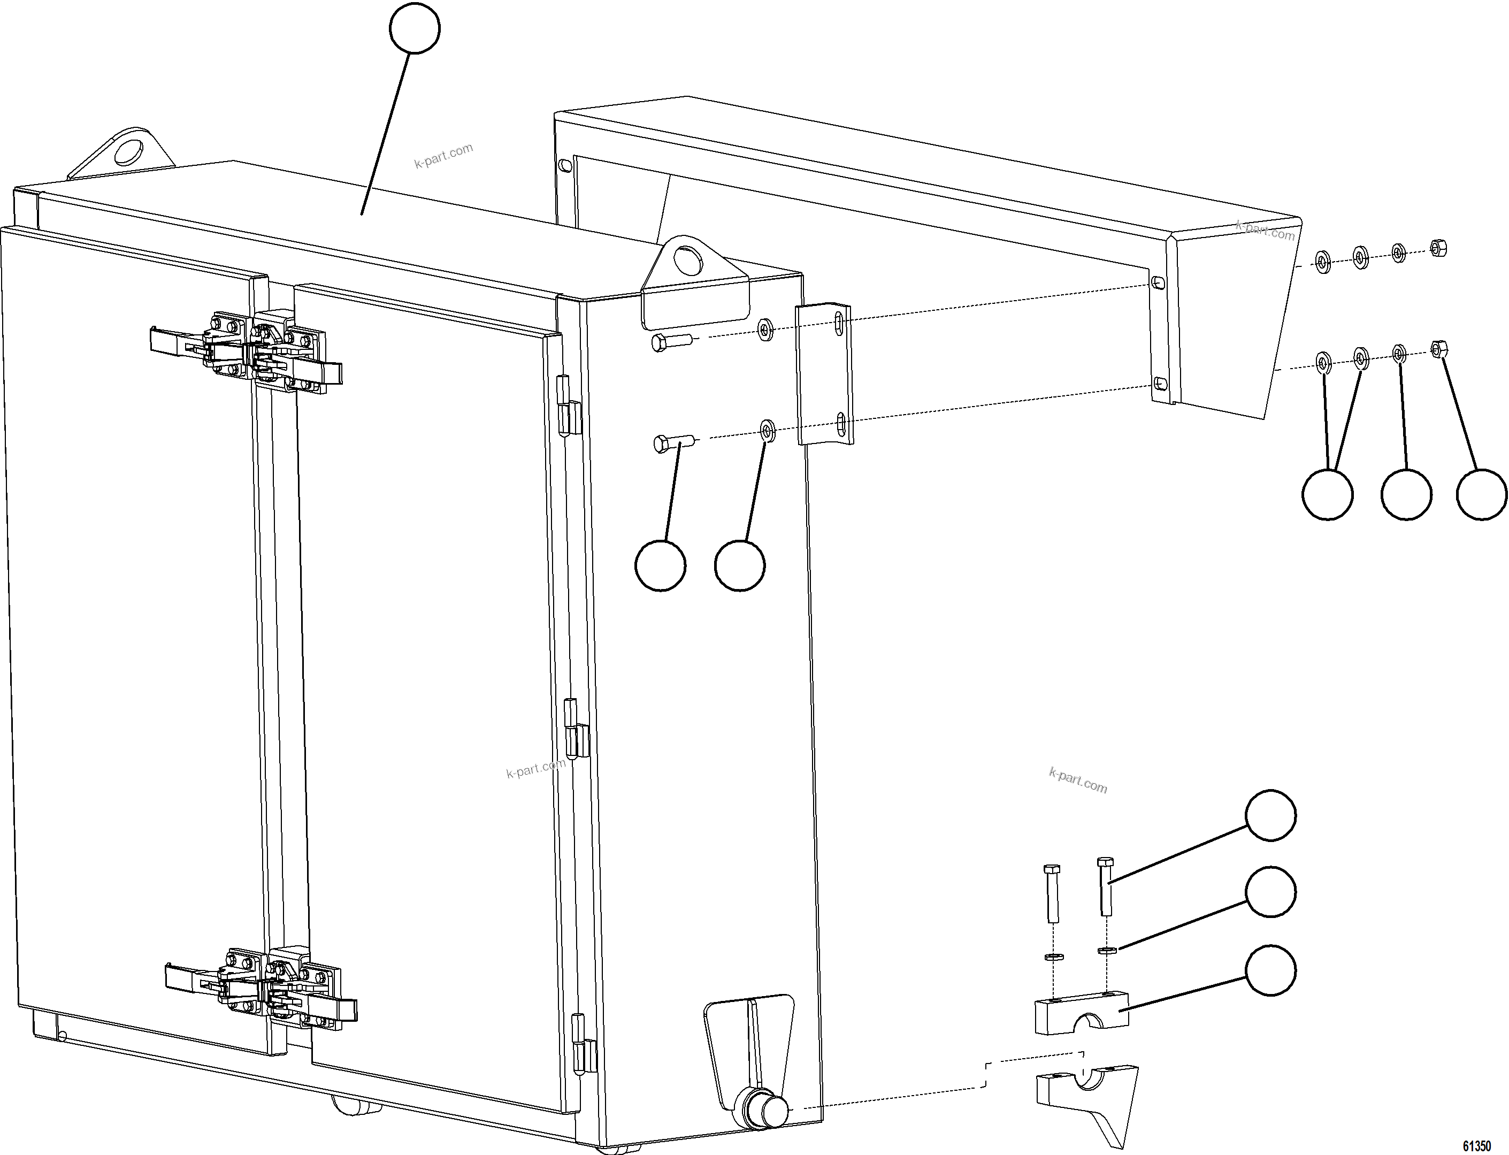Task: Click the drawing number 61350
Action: coord(1476,1145)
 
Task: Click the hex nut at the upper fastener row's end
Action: coord(1437,248)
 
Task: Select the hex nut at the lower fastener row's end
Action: coord(1437,349)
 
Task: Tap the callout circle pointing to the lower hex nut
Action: coord(1482,494)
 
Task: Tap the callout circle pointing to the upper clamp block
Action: coord(1270,969)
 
